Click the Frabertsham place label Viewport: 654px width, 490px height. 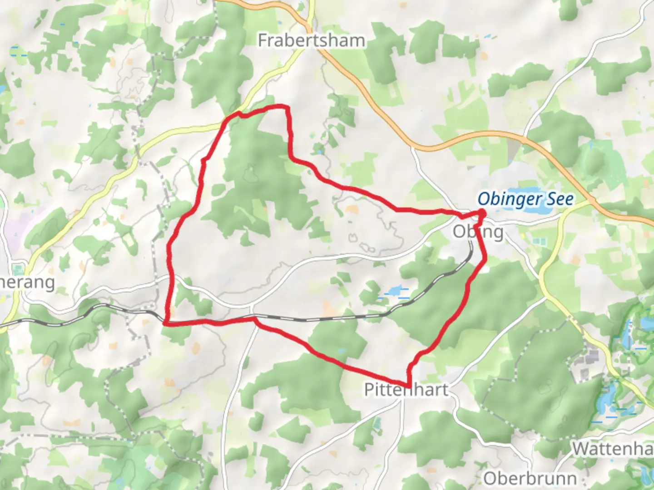click(x=312, y=41)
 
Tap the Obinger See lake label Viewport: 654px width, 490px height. click(x=525, y=199)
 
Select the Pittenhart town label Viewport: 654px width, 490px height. click(x=406, y=390)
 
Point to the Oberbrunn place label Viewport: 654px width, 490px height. click(x=530, y=478)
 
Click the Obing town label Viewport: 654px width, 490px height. click(x=478, y=232)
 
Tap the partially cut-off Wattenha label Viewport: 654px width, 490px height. click(x=612, y=449)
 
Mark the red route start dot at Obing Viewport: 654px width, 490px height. click(x=481, y=213)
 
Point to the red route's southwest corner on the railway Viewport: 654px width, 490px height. click(x=166, y=323)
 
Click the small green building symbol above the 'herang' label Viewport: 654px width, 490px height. click(x=19, y=268)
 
